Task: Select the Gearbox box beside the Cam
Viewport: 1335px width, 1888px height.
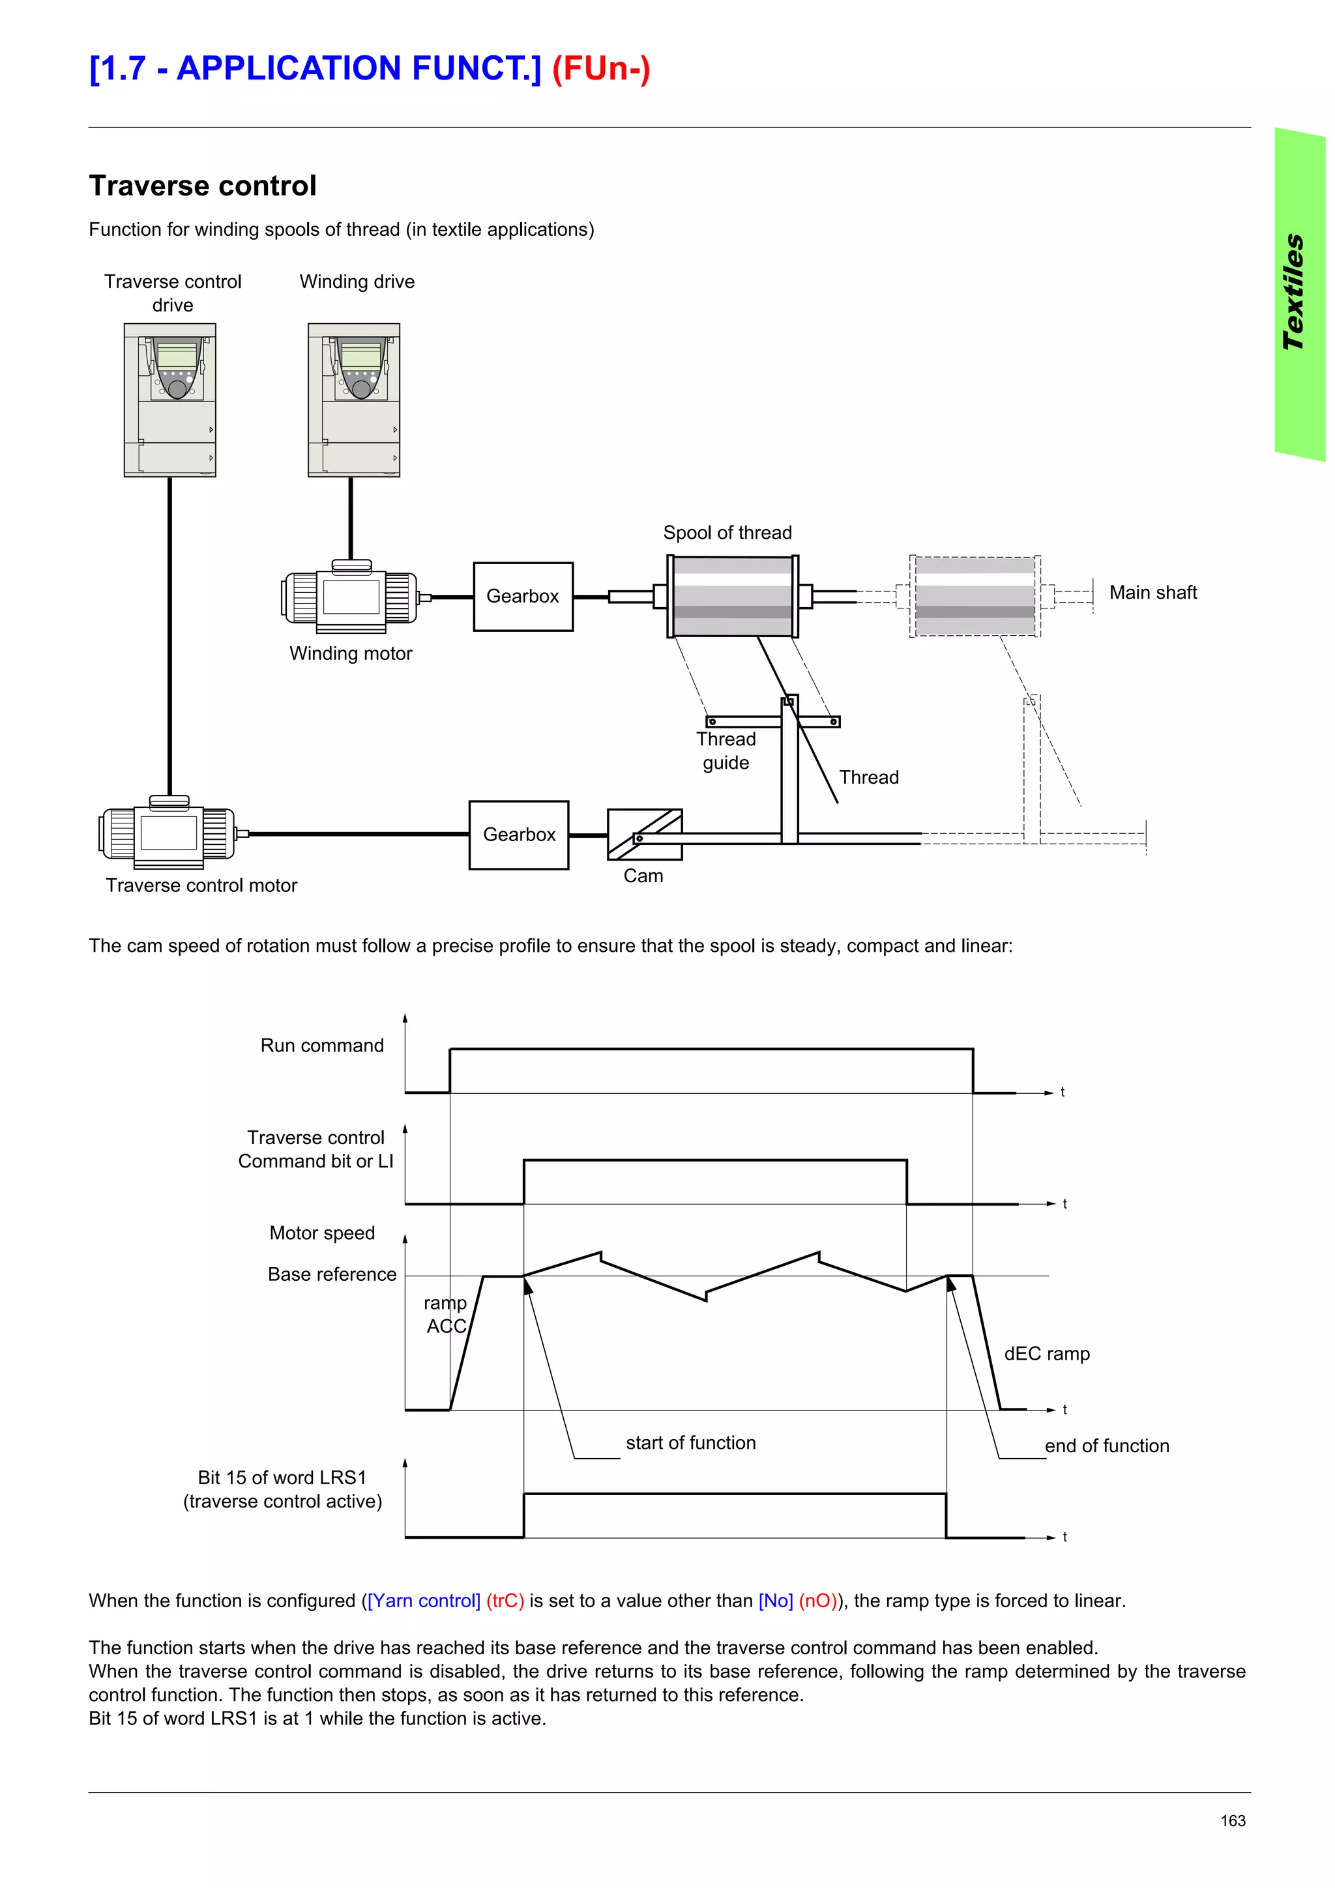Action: (518, 835)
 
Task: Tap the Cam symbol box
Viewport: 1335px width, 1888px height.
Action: (644, 834)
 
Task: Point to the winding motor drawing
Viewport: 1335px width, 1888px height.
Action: (351, 597)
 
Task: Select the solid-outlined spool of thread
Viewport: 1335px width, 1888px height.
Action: (731, 596)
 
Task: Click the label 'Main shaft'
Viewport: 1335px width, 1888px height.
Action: (1152, 593)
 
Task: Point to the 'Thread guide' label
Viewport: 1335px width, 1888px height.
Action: (726, 751)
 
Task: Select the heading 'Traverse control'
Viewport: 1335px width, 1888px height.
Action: (202, 186)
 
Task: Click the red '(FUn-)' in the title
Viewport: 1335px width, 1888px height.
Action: (600, 68)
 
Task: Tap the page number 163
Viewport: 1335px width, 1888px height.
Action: (1232, 1820)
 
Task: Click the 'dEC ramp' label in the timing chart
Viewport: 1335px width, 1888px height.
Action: (1046, 1354)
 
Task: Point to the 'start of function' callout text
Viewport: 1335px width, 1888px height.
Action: (690, 1442)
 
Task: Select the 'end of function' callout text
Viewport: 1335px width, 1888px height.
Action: (1106, 1446)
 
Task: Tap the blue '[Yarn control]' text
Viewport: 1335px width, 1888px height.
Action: (424, 1600)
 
